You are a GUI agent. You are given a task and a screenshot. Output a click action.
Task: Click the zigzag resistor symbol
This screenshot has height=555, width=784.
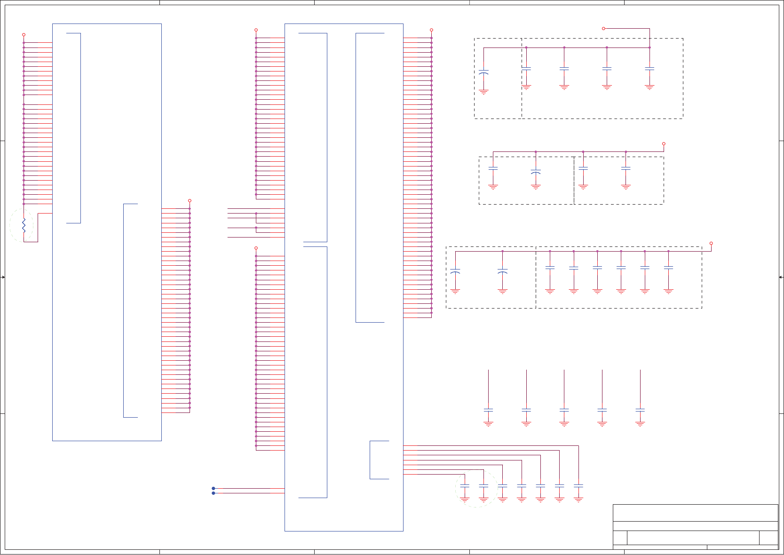tap(24, 226)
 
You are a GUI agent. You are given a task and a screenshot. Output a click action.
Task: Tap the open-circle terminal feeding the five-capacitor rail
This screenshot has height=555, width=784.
tap(603, 29)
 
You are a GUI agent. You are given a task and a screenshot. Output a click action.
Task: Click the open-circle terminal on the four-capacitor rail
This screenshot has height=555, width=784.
tap(664, 143)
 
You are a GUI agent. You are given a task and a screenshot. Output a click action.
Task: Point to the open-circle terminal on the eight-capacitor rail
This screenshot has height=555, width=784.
tap(711, 243)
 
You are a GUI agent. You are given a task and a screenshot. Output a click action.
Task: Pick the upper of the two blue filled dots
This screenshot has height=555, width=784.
tap(214, 488)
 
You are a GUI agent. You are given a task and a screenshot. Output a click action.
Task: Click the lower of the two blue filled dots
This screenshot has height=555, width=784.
tap(214, 493)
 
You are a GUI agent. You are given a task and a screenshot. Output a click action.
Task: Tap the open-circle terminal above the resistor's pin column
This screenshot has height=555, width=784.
tap(24, 35)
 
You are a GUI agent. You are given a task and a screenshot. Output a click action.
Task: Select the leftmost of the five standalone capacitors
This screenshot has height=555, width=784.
tap(488, 410)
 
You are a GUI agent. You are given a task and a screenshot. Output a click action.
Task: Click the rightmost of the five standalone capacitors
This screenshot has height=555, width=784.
tap(640, 410)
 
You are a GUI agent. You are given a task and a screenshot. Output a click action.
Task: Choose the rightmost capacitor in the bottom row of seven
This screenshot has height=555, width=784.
tap(578, 485)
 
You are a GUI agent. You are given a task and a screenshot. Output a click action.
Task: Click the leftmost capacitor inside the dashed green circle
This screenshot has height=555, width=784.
tap(465, 485)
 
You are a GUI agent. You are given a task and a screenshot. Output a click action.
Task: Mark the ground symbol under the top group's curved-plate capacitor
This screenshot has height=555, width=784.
tap(483, 92)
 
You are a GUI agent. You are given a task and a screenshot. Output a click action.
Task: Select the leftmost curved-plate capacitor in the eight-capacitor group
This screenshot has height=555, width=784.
tap(455, 271)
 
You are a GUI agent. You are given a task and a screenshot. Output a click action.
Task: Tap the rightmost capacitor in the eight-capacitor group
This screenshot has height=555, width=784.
tap(668, 268)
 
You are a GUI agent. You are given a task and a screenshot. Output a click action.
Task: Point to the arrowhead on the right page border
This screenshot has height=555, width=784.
tap(781, 277)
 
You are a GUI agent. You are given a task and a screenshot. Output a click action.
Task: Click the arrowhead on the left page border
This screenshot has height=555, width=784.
tap(3, 277)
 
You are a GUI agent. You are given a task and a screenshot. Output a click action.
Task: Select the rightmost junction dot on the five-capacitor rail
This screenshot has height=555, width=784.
tap(649, 48)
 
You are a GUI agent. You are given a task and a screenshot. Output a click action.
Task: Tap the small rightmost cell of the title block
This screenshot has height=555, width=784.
tap(768, 538)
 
